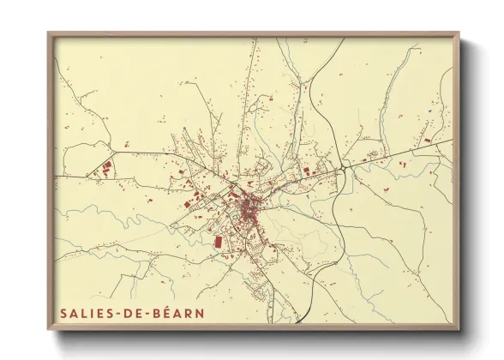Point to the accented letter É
pos(168,314)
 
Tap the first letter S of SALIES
pos(64,314)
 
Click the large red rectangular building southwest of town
pos(216,243)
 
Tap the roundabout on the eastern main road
pos(344,168)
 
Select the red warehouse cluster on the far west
pos(105,169)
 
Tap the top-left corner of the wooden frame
pos(49,33)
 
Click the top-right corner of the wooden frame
pos(459,33)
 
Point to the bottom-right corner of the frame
pos(459,331)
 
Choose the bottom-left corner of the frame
pos(49,331)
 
